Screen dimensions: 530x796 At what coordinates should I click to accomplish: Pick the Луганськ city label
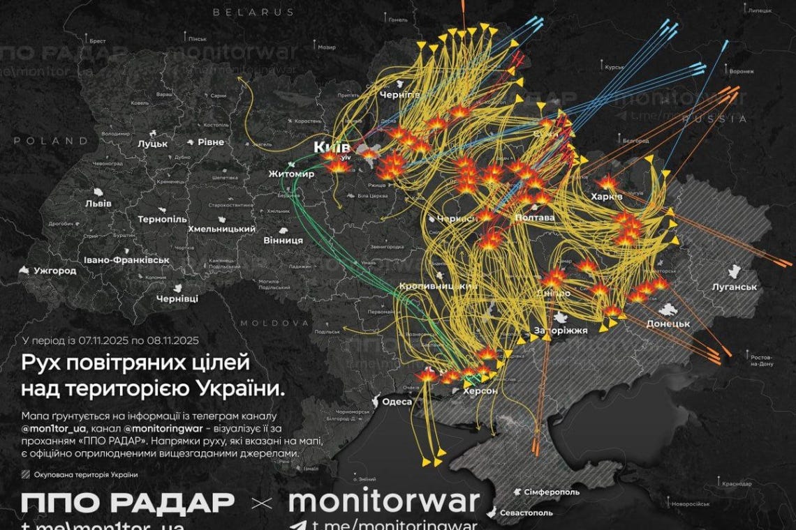pos(735,287)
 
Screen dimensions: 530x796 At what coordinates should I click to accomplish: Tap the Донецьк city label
pos(668,324)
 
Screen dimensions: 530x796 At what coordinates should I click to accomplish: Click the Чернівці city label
pos(177,298)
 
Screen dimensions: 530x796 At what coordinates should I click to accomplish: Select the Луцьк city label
pos(153,144)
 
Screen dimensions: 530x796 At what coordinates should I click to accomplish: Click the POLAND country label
pos(44,140)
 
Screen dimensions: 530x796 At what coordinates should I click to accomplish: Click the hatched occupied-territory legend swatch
pos(26,475)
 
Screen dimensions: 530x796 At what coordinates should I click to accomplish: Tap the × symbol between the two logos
pos(261,502)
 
